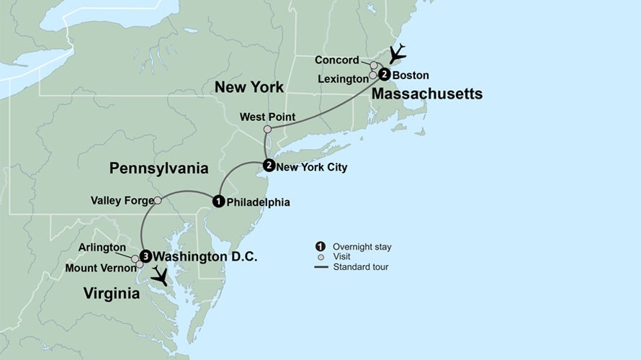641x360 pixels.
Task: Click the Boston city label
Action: point(411,75)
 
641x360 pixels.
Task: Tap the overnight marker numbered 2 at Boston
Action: point(385,74)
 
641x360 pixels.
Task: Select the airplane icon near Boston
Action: point(397,54)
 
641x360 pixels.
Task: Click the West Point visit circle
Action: point(267,130)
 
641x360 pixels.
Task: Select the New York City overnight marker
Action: point(268,165)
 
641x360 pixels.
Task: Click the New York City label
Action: point(312,168)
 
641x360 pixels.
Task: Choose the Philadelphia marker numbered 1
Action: point(218,201)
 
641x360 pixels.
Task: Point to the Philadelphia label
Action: point(258,202)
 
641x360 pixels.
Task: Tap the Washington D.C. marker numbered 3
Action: point(145,255)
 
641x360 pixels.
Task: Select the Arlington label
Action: point(104,248)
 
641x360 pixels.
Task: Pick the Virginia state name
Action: point(111,293)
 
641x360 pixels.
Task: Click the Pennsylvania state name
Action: point(158,169)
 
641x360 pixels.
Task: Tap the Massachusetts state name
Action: point(427,94)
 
